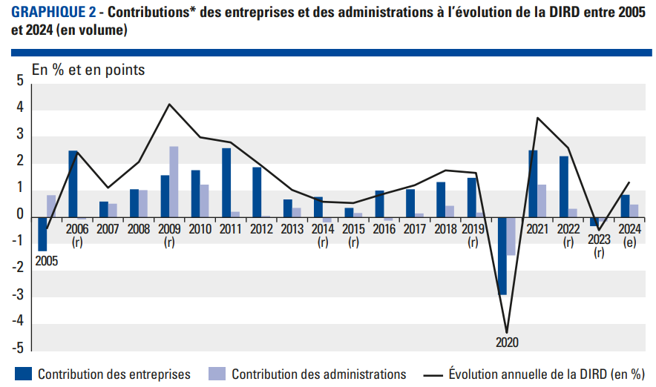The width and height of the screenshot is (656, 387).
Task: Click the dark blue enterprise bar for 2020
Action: point(502,256)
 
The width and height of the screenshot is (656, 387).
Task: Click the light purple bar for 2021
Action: point(542,201)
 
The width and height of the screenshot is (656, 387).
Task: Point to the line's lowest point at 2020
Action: point(508,332)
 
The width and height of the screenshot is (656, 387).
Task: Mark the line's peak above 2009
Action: point(170,105)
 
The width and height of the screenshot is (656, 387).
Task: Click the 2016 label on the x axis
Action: point(383,229)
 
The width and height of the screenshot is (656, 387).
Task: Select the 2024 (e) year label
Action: point(629,235)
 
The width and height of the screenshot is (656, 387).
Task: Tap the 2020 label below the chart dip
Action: point(508,343)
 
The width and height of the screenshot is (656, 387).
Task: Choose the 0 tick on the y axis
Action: point(20,215)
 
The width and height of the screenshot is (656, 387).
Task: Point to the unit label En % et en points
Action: point(88,70)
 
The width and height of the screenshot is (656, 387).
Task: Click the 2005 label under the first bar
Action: point(46,260)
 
